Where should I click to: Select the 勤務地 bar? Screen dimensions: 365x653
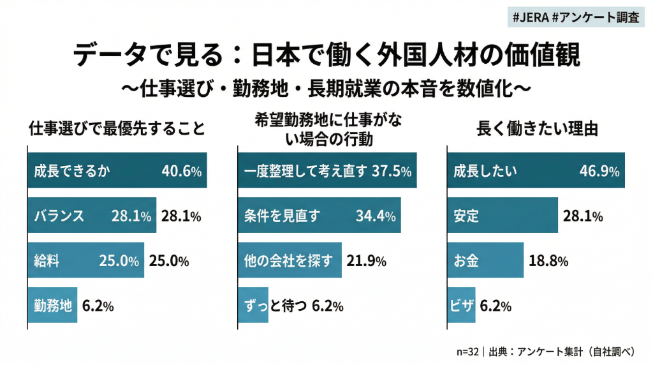[52, 306]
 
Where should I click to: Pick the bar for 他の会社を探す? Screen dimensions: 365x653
[290, 260]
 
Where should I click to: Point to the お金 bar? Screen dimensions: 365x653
[485, 260]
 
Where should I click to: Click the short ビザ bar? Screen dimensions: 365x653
[460, 306]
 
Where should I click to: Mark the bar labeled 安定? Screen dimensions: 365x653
[503, 216]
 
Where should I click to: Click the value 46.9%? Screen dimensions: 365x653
[599, 171]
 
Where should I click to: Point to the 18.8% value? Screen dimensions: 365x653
[548, 260]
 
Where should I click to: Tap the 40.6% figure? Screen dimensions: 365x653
[180, 171]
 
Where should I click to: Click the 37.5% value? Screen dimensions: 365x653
[390, 171]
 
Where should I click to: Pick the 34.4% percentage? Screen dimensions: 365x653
[376, 216]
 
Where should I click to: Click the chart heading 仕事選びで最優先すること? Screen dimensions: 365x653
[117, 129]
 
